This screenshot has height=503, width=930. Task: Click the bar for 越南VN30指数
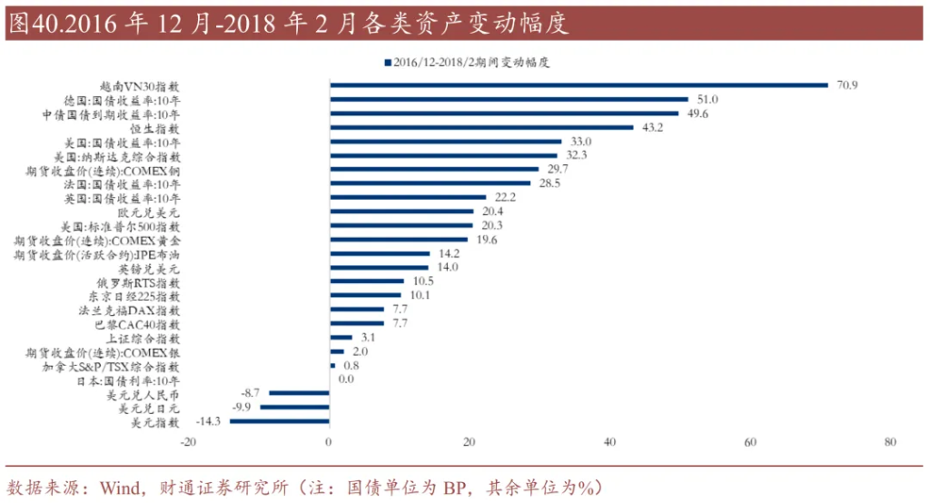(579, 84)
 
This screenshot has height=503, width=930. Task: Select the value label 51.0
(707, 99)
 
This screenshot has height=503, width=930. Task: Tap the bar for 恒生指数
(481, 127)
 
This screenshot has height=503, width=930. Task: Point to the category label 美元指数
(156, 423)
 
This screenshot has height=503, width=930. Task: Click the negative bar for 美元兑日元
(294, 408)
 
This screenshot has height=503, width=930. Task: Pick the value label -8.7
(251, 393)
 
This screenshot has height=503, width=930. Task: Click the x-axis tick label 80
(890, 442)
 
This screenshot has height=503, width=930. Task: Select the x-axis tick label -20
(188, 442)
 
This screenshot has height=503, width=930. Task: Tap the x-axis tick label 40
(609, 442)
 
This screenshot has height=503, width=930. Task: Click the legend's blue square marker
(388, 63)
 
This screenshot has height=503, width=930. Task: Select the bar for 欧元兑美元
(401, 212)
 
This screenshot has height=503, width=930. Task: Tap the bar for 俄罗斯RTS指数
(366, 281)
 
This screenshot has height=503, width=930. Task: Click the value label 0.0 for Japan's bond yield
(345, 380)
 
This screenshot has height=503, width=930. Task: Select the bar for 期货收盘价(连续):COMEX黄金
(398, 240)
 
